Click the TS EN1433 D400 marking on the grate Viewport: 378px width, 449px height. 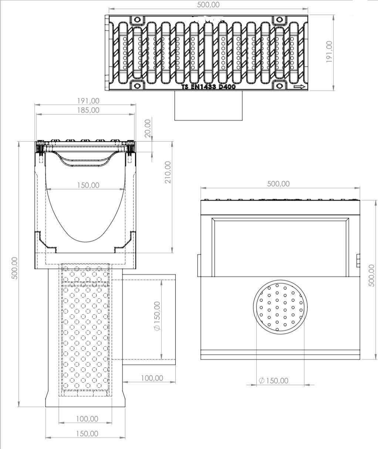point(208,87)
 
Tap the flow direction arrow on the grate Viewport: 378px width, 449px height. point(299,87)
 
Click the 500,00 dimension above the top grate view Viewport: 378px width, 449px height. point(209,4)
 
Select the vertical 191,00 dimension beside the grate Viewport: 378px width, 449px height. point(329,52)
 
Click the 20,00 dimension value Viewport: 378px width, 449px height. point(148,128)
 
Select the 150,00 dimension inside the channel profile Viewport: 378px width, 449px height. point(88,185)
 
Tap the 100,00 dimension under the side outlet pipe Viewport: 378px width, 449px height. point(152,378)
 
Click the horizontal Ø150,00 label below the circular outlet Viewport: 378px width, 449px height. point(274,381)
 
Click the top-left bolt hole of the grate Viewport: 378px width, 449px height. point(137,20)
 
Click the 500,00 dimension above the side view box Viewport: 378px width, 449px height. point(278,184)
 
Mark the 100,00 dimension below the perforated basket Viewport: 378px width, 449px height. point(87,419)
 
